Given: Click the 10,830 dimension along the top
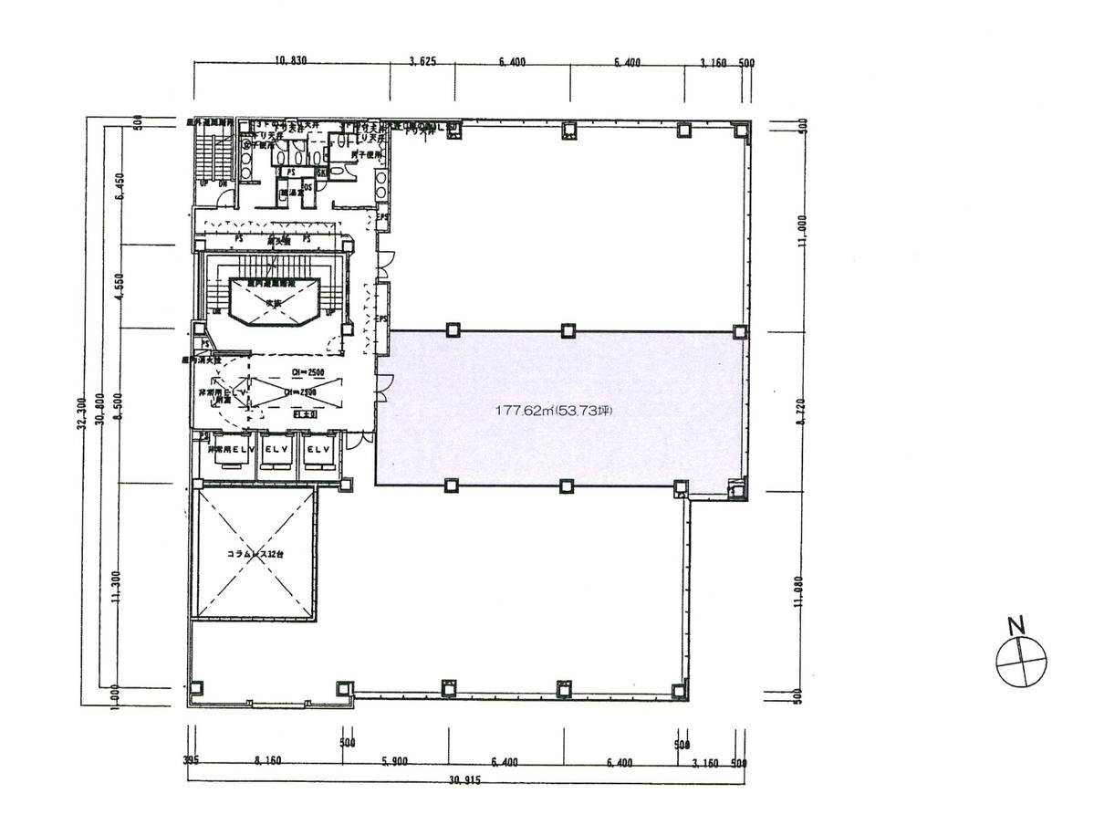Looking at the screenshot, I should pyautogui.click(x=291, y=62).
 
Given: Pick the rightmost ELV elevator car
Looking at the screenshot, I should pyautogui.click(x=318, y=453).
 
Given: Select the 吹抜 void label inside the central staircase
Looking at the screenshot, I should pyautogui.click(x=273, y=302).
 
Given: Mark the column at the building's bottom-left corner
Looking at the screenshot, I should pyautogui.click(x=193, y=687).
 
